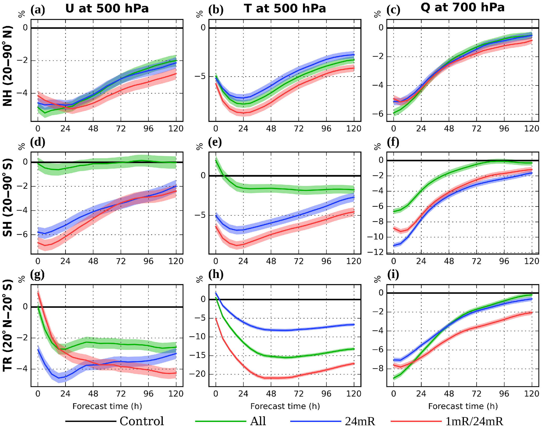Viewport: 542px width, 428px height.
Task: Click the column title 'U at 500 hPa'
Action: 107,8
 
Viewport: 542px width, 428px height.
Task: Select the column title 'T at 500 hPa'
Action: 285,8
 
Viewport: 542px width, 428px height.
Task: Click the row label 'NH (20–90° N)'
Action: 8,66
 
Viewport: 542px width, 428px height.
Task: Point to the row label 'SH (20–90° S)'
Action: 8,197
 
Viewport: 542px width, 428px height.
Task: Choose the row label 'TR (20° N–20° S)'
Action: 8,325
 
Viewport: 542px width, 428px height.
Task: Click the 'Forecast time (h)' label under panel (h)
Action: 285,406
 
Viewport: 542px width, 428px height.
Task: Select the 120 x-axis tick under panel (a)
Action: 176,129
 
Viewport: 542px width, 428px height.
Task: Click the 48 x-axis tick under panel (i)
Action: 449,394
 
